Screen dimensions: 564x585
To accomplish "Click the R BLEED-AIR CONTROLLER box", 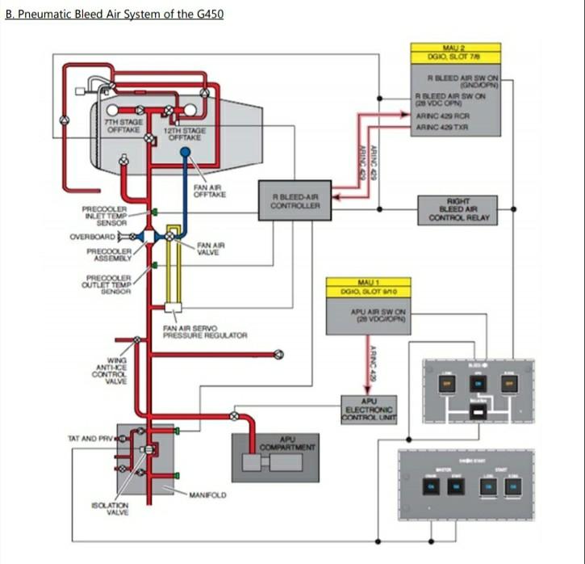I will [295, 200].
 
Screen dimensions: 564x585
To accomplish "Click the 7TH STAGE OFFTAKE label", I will [123, 125].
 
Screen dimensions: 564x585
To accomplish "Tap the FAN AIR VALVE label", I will [211, 248].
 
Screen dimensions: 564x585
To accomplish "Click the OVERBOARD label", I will [92, 237].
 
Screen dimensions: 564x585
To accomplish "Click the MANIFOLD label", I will [209, 494].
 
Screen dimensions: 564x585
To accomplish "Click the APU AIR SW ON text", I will [379, 313].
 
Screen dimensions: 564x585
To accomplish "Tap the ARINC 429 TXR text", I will [441, 128].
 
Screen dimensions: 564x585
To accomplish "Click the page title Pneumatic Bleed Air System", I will [114, 14].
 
